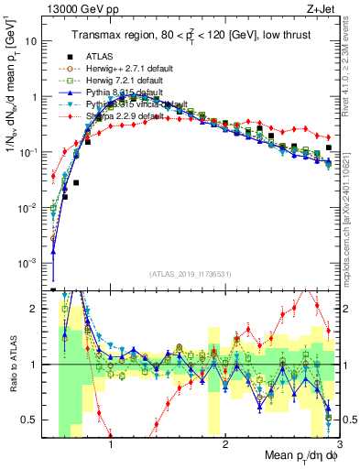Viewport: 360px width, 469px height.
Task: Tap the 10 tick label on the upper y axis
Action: (x=32, y=41)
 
